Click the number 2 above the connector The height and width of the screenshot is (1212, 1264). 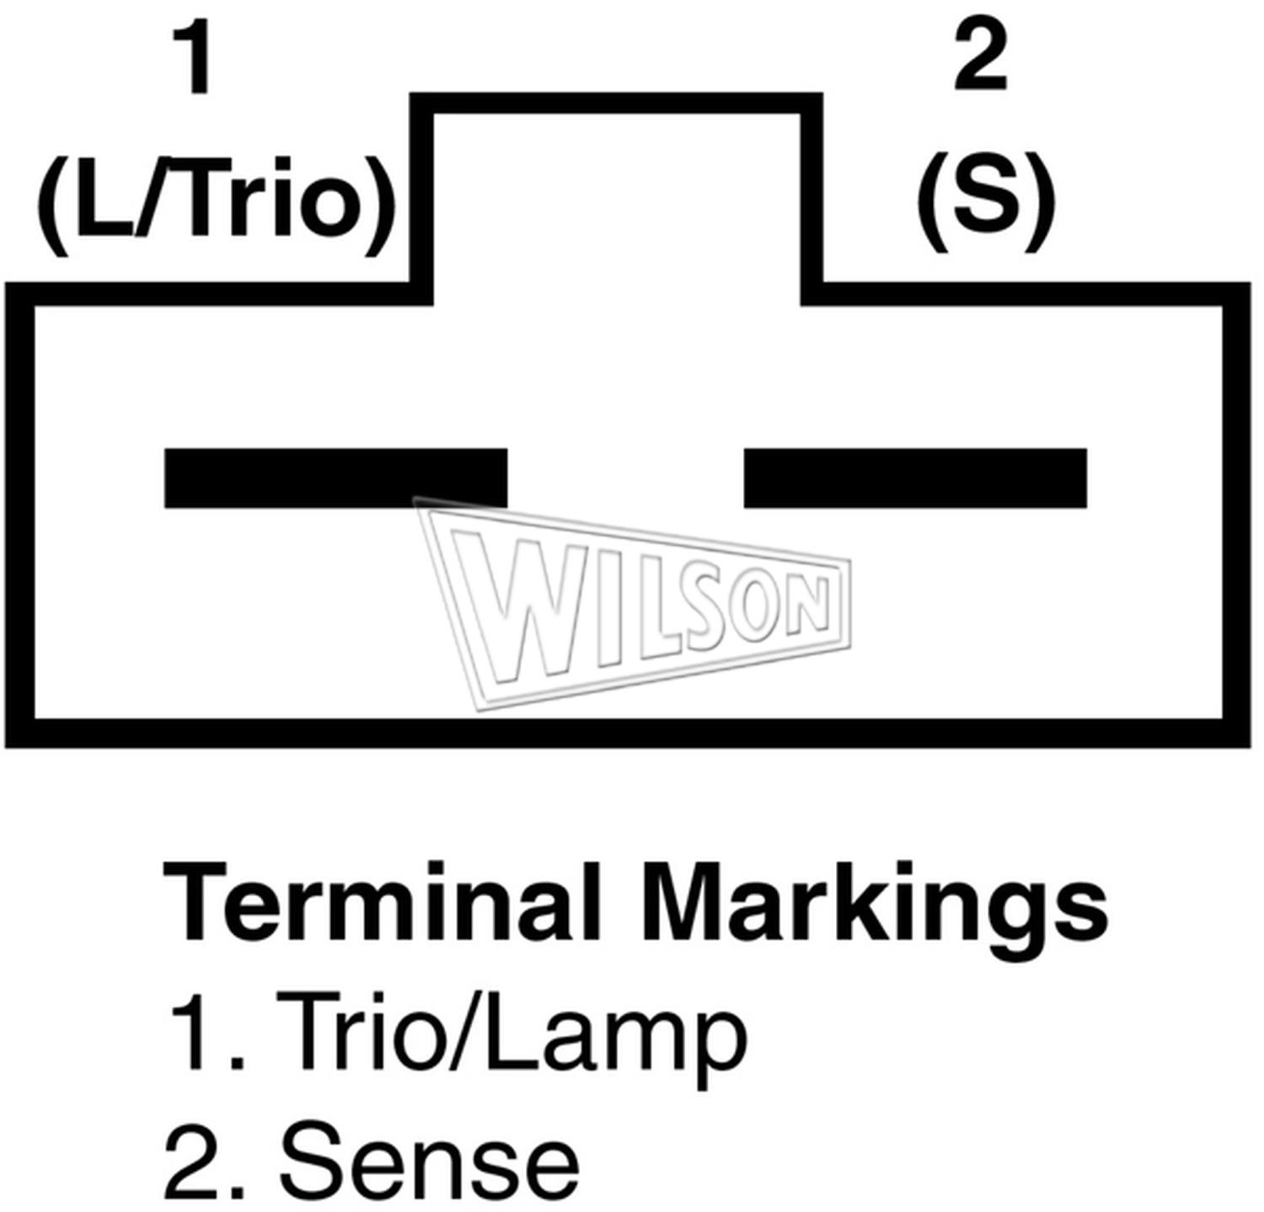981,55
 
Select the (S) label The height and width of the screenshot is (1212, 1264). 985,202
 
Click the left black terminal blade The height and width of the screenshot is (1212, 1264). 335,478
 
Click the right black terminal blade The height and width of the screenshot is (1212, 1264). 915,478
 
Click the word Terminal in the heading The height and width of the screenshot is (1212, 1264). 381,902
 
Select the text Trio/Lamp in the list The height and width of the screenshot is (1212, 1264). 512,1033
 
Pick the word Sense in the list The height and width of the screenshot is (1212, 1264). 429,1160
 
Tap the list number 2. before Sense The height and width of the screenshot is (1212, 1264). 205,1160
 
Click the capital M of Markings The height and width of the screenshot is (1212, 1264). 683,901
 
